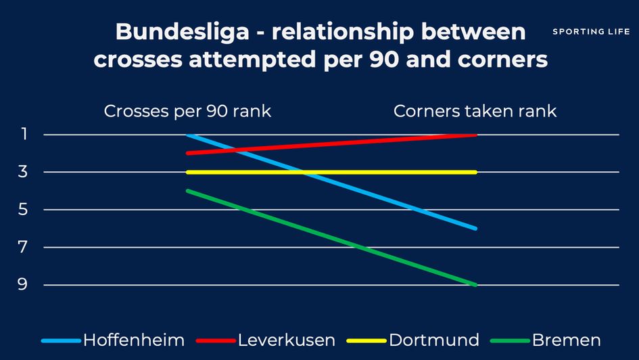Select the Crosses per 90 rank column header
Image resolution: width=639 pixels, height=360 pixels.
coord(187,111)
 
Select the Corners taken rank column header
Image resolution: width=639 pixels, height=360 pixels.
coord(475,111)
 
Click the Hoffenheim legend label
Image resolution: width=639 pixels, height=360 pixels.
coord(133,340)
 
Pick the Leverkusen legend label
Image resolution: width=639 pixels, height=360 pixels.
coord(286,340)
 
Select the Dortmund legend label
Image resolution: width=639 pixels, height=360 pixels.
coord(434,340)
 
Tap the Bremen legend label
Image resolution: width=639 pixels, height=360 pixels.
coord(566,340)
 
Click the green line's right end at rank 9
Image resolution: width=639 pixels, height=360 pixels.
coord(476,285)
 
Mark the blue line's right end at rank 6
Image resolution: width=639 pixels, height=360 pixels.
coord(476,229)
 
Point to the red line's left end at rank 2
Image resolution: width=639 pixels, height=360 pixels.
coord(188,154)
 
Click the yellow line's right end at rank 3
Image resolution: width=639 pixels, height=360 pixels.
coord(476,172)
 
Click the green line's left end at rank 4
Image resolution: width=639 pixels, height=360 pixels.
coord(188,191)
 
